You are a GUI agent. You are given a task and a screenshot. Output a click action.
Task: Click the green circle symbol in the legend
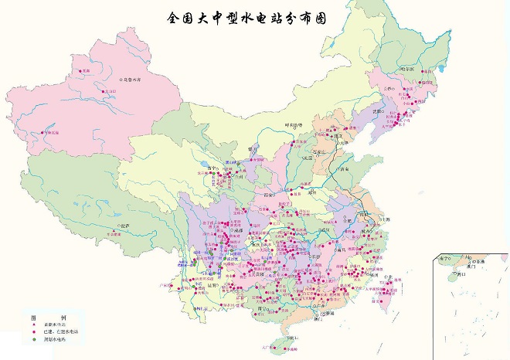point(34,340)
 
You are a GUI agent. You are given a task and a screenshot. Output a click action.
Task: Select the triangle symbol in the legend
point(34,325)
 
